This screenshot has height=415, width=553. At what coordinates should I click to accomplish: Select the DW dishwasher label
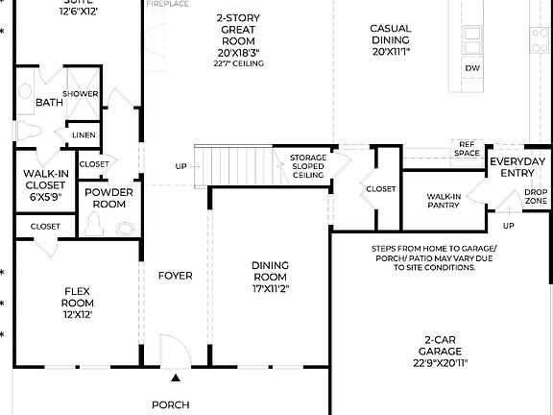(x=472, y=68)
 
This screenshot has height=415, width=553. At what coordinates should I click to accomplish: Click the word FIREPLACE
(x=168, y=5)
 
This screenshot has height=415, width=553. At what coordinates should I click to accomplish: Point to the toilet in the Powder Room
(x=95, y=224)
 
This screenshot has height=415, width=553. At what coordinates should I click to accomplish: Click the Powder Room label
(x=108, y=198)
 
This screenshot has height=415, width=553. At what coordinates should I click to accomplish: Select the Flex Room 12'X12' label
(x=77, y=302)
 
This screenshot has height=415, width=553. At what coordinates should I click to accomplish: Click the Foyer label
(x=176, y=276)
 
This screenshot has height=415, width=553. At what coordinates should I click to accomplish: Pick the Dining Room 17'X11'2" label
(x=270, y=276)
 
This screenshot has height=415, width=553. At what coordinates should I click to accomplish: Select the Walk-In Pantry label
(x=445, y=201)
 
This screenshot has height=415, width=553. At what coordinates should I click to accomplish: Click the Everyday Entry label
(x=517, y=167)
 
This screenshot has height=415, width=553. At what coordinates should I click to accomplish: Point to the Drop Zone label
(x=536, y=197)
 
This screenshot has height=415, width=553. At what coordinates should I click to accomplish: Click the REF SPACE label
(x=467, y=148)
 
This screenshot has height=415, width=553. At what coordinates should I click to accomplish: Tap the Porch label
(x=171, y=404)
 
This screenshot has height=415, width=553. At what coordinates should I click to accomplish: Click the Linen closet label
(x=84, y=135)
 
